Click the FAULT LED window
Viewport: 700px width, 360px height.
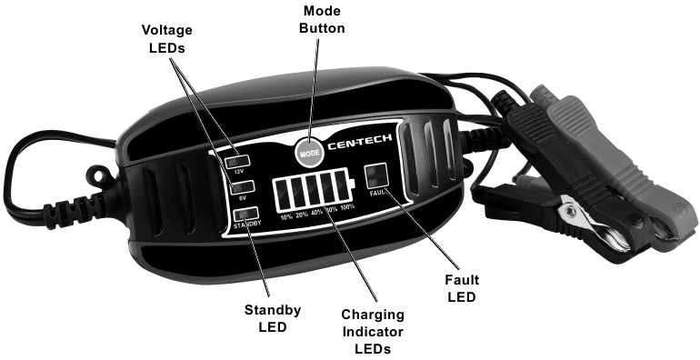376,176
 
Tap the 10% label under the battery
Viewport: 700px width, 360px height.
286,217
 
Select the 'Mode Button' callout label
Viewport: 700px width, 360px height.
311,20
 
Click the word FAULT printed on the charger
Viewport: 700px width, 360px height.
379,193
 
